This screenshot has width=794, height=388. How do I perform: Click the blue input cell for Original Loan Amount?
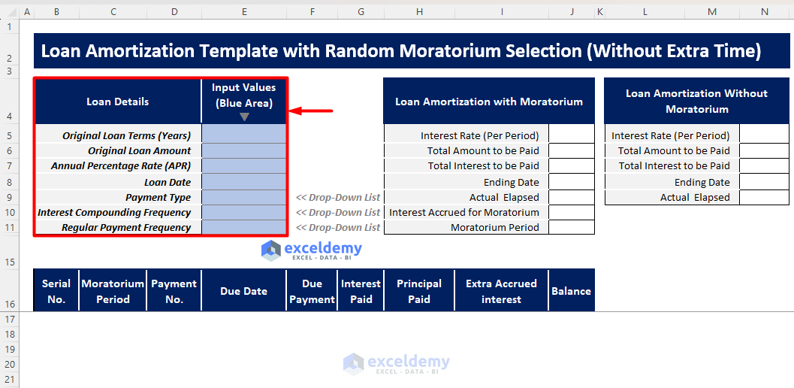[x=244, y=151]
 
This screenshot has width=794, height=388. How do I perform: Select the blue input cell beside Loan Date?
[x=244, y=182]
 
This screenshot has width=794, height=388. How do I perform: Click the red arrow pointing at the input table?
[x=311, y=111]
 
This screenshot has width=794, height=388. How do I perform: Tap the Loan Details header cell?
[x=118, y=102]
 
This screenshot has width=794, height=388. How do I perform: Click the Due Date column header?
[x=244, y=291]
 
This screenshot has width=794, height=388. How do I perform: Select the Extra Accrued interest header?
[x=501, y=291]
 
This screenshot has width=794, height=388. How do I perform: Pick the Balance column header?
[x=571, y=291]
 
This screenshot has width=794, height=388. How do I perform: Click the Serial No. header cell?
[x=56, y=291]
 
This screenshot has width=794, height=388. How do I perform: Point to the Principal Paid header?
[x=419, y=291]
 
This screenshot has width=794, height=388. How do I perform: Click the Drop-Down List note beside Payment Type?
[x=338, y=197]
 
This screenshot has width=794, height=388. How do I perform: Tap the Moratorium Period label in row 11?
[x=494, y=227]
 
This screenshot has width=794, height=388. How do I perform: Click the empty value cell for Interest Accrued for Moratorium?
[x=571, y=212]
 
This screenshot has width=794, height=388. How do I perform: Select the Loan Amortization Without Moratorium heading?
[x=696, y=102]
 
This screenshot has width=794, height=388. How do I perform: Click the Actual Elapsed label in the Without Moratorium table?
[x=695, y=197]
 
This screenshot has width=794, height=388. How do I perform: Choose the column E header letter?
[x=244, y=12]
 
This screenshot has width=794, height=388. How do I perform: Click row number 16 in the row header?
[x=10, y=305]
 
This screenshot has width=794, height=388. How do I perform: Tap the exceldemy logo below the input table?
[x=312, y=250]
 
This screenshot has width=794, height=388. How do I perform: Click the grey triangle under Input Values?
[x=244, y=117]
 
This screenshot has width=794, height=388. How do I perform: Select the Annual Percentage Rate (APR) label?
[x=121, y=166]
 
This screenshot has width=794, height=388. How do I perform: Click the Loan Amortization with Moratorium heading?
[x=488, y=102]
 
